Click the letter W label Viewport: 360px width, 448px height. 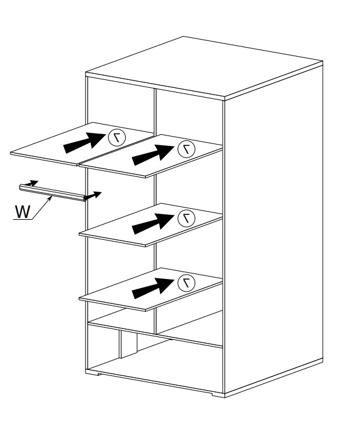(x=23, y=212)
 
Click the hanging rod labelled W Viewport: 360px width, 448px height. (x=53, y=193)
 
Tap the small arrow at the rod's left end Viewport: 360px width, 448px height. (x=31, y=183)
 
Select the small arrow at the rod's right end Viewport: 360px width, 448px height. (x=93, y=195)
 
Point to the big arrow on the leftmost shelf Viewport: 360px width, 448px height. (x=85, y=143)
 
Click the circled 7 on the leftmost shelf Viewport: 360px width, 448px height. (x=117, y=137)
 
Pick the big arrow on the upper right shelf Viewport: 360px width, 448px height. (x=153, y=154)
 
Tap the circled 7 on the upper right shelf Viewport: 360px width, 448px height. (x=186, y=149)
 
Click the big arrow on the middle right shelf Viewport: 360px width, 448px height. (x=153, y=224)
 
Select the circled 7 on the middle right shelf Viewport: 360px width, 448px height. (x=186, y=219)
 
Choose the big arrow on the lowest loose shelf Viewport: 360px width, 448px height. (x=153, y=288)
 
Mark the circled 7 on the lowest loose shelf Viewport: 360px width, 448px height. (x=186, y=283)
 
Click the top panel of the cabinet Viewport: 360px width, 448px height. (x=204, y=68)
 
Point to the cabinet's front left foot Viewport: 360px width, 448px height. (x=92, y=372)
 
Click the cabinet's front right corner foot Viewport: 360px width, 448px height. (x=218, y=394)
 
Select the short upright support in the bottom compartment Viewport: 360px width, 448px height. (x=128, y=344)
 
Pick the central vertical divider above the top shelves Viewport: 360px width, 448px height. (x=156, y=112)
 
